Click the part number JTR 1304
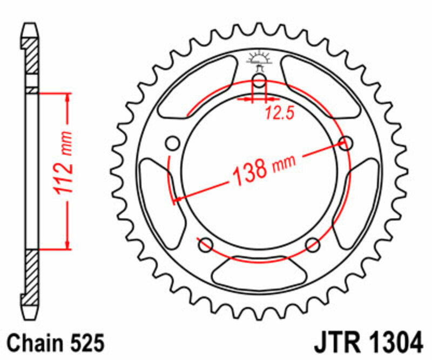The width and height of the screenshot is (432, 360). (367, 343)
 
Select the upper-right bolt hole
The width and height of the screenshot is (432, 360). (345, 143)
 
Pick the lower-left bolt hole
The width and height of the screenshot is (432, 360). (205, 245)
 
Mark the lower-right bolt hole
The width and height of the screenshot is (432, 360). (313, 245)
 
